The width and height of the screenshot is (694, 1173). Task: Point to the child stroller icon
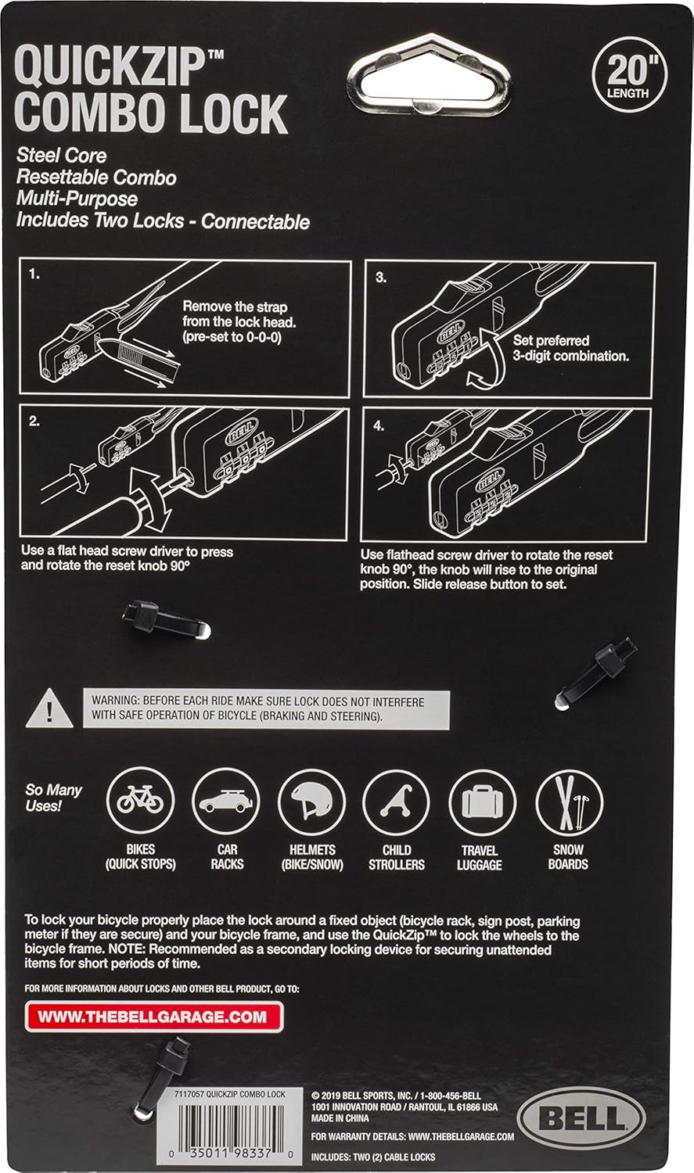pyautogui.click(x=397, y=802)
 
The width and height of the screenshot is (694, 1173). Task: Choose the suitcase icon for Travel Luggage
pyautogui.click(x=482, y=802)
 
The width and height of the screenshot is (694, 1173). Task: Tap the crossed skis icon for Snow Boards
pyautogui.click(x=568, y=803)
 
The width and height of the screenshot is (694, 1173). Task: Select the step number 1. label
pyautogui.click(x=34, y=274)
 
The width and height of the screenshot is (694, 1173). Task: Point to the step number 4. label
pyautogui.click(x=379, y=426)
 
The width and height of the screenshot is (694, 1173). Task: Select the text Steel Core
pyautogui.click(x=62, y=156)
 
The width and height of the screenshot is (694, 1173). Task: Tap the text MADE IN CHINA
pyautogui.click(x=340, y=1118)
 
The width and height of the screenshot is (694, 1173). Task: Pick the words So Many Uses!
pyautogui.click(x=54, y=798)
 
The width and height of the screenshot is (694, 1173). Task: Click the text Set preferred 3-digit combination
pyautogui.click(x=570, y=348)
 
